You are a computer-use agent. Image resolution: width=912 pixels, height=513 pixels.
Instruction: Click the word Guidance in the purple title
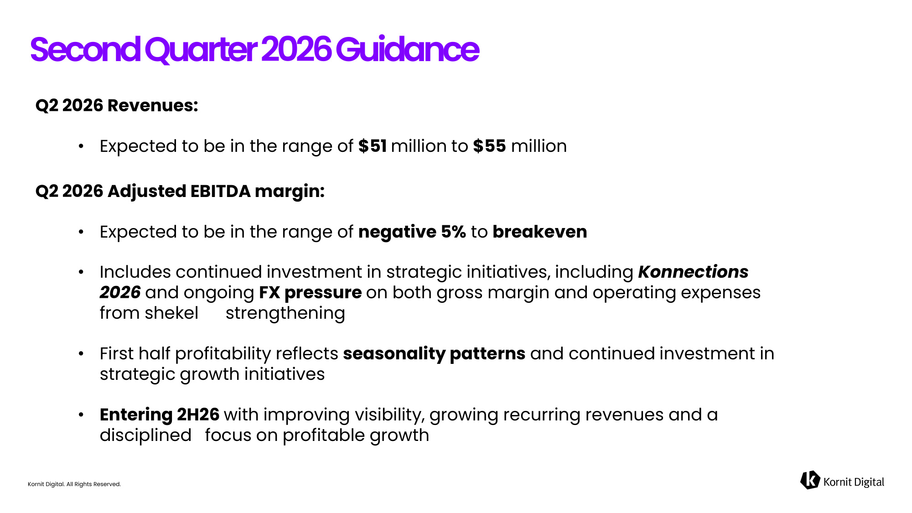[407, 49]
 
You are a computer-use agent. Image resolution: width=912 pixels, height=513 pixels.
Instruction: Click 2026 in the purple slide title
[296, 49]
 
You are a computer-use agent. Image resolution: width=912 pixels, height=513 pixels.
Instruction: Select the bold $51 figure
[373, 146]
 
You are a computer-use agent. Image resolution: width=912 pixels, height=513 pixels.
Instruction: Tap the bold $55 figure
[489, 146]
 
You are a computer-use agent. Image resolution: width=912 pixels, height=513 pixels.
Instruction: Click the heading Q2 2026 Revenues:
[117, 105]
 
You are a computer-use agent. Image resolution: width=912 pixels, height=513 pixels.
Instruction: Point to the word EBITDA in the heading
[220, 191]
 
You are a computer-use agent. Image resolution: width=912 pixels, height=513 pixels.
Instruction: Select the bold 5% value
[453, 232]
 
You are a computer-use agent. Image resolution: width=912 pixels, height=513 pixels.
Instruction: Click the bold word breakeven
[540, 232]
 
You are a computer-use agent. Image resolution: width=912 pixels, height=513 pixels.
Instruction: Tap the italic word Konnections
[693, 272]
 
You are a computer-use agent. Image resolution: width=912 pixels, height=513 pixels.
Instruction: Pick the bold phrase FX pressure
[311, 292]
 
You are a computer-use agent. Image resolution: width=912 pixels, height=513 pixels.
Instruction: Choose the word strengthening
[285, 313]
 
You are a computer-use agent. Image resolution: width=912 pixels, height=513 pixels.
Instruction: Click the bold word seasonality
[394, 353]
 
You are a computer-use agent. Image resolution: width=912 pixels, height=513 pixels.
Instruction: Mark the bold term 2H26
[198, 415]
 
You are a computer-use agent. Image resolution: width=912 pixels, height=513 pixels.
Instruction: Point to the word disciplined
[145, 435]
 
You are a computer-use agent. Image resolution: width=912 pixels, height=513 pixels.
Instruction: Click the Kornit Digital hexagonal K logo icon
[810, 480]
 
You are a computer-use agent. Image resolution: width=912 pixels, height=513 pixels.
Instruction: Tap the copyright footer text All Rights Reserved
[93, 484]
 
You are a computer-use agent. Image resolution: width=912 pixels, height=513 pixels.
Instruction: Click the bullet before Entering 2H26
[81, 415]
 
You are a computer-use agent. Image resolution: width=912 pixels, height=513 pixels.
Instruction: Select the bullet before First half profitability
[81, 354]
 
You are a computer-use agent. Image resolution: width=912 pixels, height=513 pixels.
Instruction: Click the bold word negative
[397, 232]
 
